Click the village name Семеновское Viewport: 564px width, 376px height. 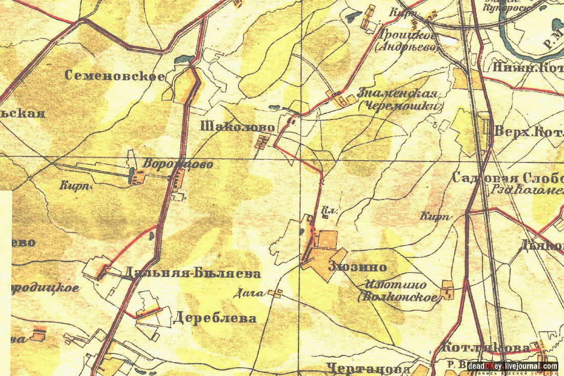coord(115,76)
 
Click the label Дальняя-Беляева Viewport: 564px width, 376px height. coord(192,273)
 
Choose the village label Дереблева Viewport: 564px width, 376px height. coord(214,318)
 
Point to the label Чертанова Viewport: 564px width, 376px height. coord(368,368)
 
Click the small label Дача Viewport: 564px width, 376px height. coord(248,293)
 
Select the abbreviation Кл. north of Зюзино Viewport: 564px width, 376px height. coord(327,211)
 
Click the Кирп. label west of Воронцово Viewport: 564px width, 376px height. coord(75,186)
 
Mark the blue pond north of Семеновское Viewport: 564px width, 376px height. coord(184,60)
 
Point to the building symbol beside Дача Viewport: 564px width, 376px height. coord(277,293)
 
